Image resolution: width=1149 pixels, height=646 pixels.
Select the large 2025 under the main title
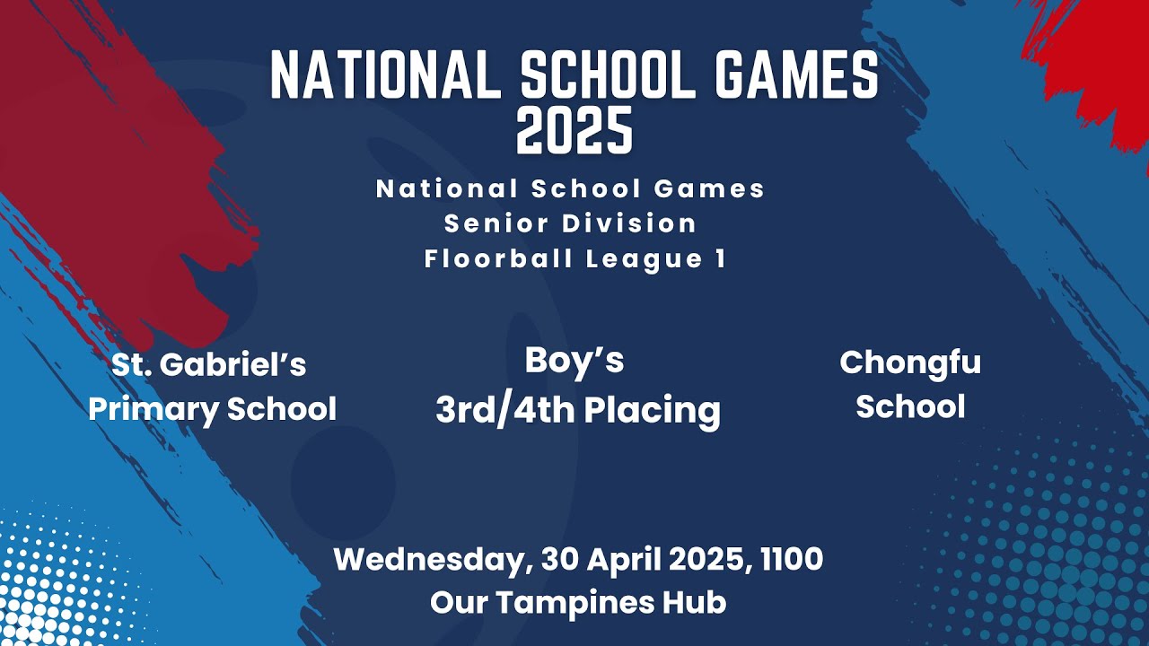click(574, 131)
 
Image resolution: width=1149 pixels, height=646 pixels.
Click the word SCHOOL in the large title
click(608, 75)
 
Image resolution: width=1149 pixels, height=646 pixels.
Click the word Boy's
click(574, 361)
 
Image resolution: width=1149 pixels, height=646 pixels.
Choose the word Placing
click(653, 411)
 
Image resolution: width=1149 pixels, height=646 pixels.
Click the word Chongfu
click(910, 363)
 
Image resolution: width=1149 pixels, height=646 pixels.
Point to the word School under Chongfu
click(910, 406)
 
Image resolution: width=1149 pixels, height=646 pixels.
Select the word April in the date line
click(626, 560)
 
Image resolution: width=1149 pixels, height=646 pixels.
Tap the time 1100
click(791, 560)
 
